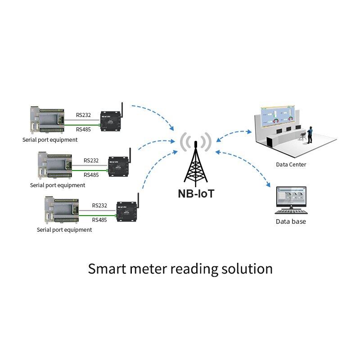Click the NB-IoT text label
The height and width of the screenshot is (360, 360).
tap(196, 194)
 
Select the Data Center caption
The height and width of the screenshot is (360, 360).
tap(291, 165)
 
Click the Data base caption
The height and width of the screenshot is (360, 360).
tap(291, 221)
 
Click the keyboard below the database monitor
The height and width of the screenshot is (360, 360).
tap(291, 212)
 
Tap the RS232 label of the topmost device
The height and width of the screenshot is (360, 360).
tap(83, 115)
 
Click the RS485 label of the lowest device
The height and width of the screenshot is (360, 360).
tap(99, 220)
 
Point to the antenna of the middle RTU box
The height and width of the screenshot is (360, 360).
tap(129, 156)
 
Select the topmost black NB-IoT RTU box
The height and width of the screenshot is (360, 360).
tap(109, 121)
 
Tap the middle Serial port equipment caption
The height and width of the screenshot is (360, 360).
tap(57, 185)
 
